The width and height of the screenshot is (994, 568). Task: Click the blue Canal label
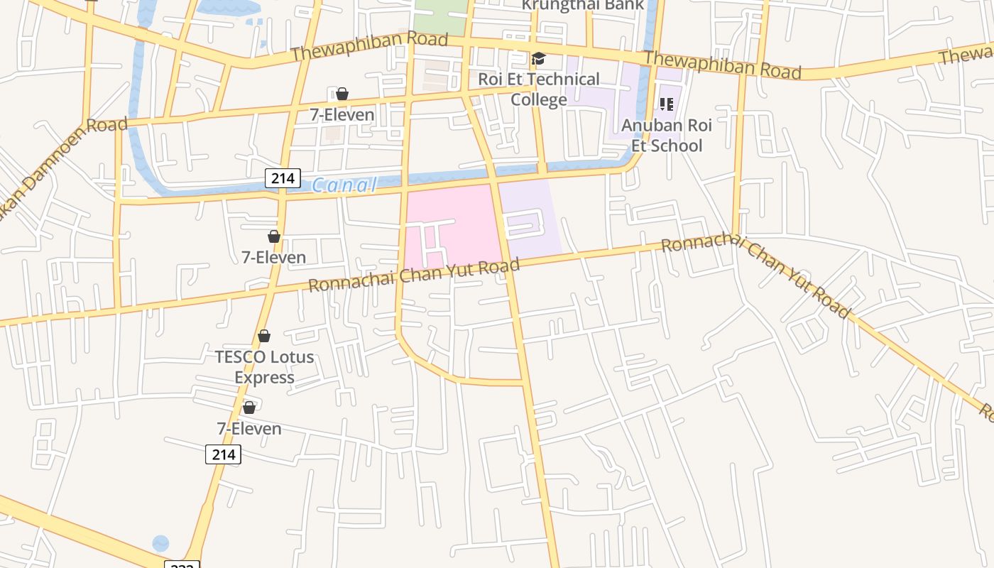point(344,185)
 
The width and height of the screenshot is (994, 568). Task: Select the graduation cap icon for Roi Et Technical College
point(539,58)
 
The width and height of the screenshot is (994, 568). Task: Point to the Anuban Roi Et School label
point(666,135)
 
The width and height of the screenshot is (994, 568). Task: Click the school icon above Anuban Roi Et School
point(666,104)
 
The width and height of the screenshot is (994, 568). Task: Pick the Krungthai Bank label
point(583,6)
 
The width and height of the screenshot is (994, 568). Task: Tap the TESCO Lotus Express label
point(264,366)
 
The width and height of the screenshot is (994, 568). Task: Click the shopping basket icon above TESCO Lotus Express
point(264,336)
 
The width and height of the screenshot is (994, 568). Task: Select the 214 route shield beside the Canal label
point(283,177)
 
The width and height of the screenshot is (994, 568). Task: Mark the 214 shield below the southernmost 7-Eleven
point(223,454)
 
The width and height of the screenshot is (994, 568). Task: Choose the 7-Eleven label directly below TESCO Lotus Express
point(249,428)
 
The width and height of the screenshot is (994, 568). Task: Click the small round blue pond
point(160,544)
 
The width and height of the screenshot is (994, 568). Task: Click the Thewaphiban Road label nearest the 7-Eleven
point(368,47)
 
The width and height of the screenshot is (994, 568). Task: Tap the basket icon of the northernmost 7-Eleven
point(342,94)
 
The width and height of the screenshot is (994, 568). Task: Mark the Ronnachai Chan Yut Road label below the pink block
point(414,275)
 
